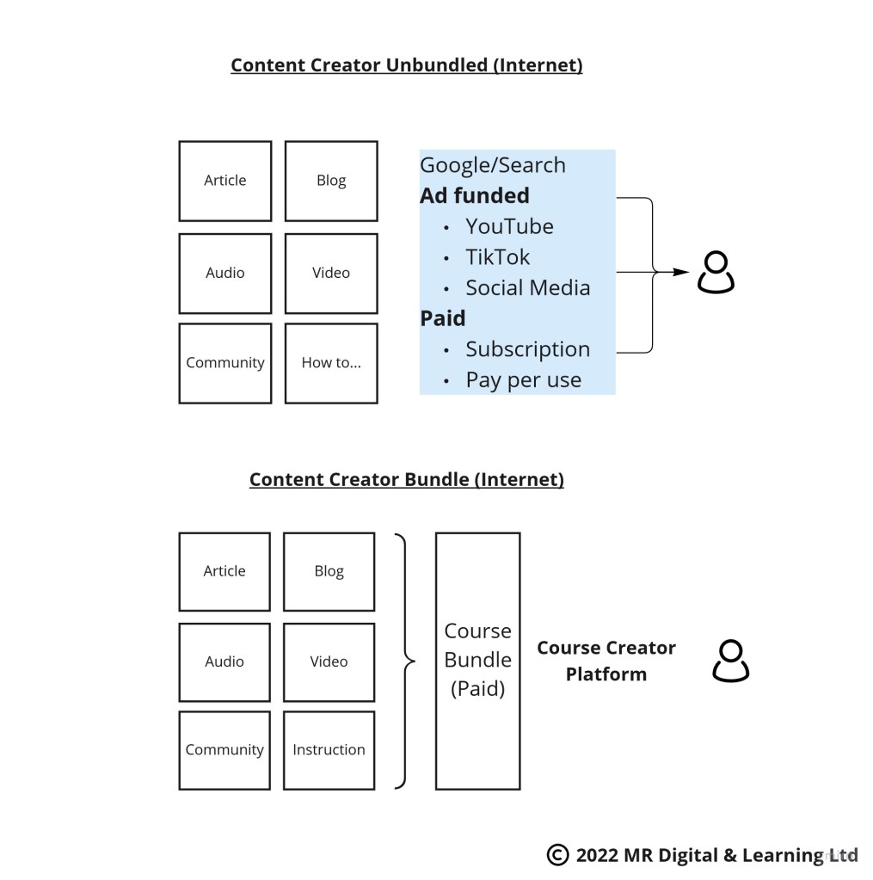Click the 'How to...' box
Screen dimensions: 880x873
[x=331, y=363]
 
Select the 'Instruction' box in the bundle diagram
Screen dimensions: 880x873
[x=329, y=749]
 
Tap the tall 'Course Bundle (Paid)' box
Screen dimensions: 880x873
[x=477, y=661]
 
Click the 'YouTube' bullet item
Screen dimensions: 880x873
[x=509, y=226]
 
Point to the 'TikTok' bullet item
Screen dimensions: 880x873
[x=497, y=257]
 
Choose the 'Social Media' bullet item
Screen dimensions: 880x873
[x=527, y=287]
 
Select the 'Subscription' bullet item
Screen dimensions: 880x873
[x=527, y=349]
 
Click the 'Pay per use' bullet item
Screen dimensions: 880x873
[x=523, y=379]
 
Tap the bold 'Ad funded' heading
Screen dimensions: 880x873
[x=474, y=195]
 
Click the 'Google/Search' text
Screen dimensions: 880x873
[x=492, y=165]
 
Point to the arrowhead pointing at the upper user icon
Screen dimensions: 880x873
[x=681, y=272]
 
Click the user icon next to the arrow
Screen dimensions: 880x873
[x=716, y=273]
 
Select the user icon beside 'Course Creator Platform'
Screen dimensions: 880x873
[x=730, y=661]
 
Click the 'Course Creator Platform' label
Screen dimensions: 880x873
[x=606, y=661]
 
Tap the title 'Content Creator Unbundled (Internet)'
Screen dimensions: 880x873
[x=406, y=65]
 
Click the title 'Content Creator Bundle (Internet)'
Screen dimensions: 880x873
[x=406, y=479]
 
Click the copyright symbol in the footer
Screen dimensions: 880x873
[x=557, y=854]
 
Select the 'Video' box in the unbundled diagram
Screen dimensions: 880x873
[x=331, y=273]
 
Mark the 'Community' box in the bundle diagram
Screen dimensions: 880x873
[x=224, y=749]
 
